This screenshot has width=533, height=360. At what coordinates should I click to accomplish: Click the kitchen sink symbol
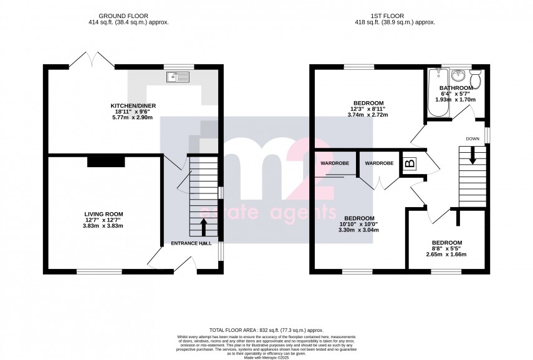(x=177, y=77)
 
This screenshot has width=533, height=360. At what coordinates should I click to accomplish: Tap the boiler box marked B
(x=410, y=164)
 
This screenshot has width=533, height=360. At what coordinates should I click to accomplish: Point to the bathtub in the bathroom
(x=433, y=94)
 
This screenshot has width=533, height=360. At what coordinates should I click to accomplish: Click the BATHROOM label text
(x=456, y=88)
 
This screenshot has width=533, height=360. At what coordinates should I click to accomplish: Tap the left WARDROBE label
(x=335, y=163)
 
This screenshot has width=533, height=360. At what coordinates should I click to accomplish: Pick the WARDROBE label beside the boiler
(x=378, y=163)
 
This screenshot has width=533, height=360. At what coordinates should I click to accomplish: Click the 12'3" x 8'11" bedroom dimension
(x=368, y=109)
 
